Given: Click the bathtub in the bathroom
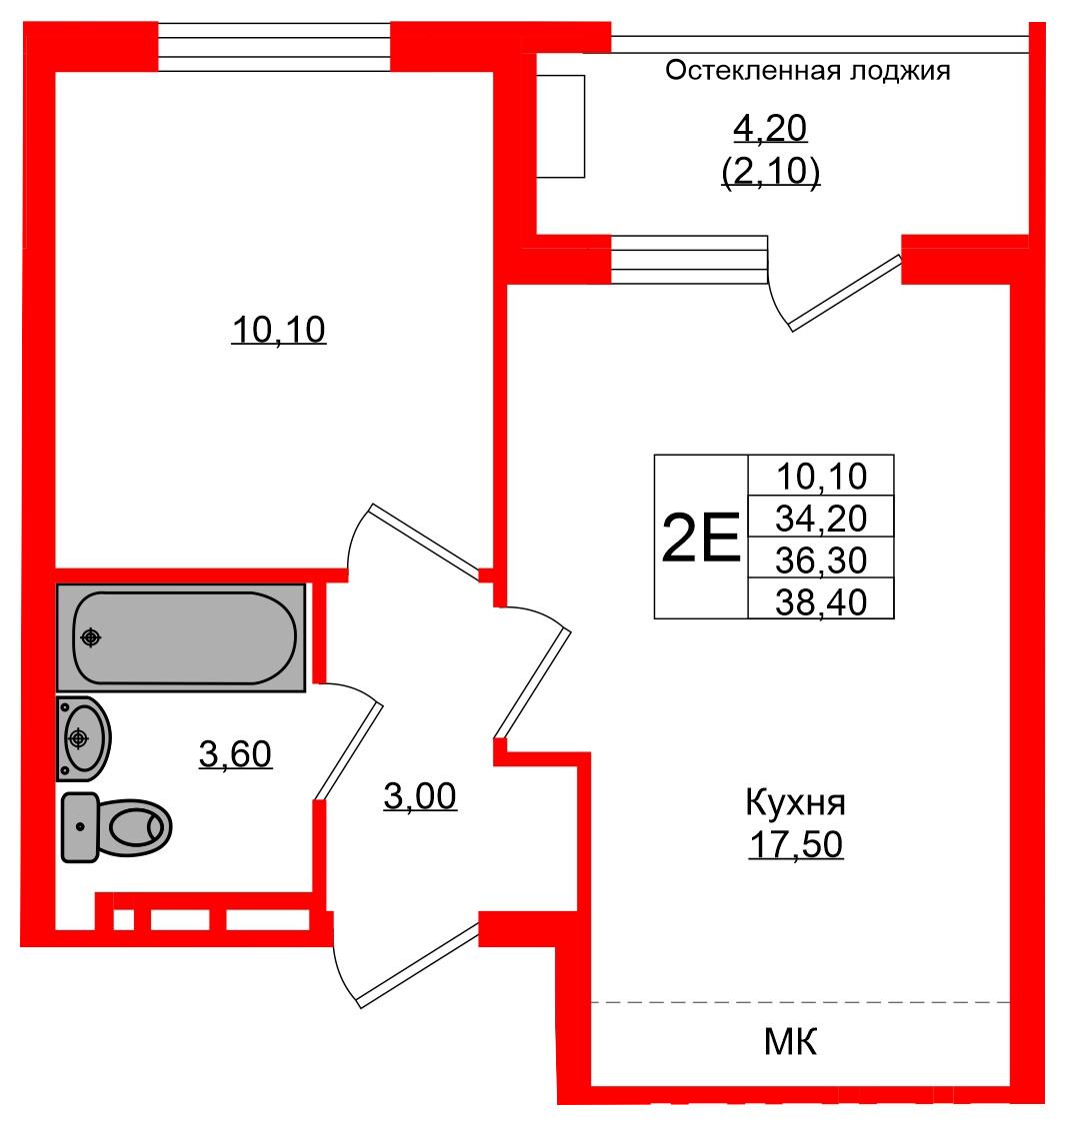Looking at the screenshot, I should [x=180, y=637].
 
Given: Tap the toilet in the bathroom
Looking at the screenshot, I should [x=116, y=827].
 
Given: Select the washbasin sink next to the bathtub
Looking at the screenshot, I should [x=83, y=738].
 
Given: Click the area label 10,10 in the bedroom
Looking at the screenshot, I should [x=279, y=329].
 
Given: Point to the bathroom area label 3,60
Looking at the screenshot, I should [x=235, y=754].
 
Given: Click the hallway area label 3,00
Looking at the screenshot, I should [x=420, y=796].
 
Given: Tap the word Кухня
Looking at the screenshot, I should [x=796, y=801].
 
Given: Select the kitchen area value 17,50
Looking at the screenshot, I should [x=796, y=844].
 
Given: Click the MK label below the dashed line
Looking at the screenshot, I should [x=791, y=1042].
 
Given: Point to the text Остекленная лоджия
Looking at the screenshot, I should [x=807, y=71].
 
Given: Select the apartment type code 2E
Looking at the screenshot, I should [x=701, y=538].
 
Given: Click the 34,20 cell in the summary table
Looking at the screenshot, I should [x=821, y=518].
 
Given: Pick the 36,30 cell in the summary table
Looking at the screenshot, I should [x=821, y=560].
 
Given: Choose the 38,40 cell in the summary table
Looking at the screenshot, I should [x=821, y=600].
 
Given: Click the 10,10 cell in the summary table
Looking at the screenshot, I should [x=821, y=476].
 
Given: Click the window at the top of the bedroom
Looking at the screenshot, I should [x=274, y=46].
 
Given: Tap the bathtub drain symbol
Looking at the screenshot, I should [x=91, y=636].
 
